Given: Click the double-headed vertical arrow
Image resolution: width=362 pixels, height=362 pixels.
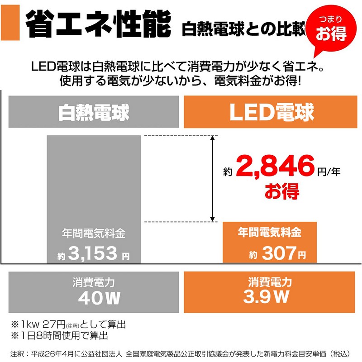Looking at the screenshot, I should click(212, 179).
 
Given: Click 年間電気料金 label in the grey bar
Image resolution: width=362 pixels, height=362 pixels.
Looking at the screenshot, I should click(94, 234).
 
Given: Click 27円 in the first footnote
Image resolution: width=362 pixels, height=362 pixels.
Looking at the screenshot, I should click(54, 325).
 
